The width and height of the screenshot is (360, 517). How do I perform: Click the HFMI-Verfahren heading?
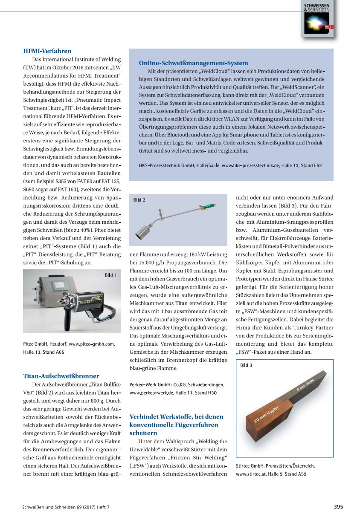(47, 52)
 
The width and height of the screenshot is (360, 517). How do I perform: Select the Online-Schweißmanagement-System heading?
(193, 63)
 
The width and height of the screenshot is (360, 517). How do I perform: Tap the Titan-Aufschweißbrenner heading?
(61, 376)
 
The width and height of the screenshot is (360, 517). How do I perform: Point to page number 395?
(338, 507)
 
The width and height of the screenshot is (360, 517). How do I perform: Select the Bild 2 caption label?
(139, 200)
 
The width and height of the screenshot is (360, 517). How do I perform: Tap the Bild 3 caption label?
(246, 365)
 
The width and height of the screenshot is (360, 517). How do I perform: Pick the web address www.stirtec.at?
(251, 474)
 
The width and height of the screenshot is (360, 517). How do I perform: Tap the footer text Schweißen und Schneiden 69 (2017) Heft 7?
(69, 507)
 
